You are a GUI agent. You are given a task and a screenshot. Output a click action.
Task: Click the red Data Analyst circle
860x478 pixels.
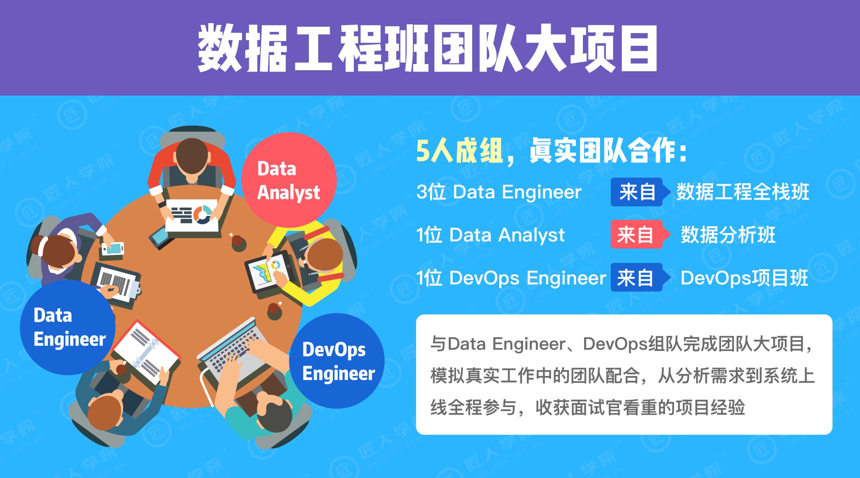(x=289, y=180)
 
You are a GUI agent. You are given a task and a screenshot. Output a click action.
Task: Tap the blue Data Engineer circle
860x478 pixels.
(x=68, y=327)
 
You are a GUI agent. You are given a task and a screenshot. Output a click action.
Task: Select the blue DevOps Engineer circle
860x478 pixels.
(x=337, y=361)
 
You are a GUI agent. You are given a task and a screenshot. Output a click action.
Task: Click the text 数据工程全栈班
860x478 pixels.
(x=743, y=192)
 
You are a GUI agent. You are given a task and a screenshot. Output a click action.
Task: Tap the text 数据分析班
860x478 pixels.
(x=728, y=235)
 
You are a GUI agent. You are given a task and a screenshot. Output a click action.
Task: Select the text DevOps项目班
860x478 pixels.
(x=744, y=278)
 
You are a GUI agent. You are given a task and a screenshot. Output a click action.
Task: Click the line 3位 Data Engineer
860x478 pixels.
(x=499, y=192)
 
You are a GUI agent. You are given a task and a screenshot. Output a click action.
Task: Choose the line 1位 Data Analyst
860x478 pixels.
(x=490, y=235)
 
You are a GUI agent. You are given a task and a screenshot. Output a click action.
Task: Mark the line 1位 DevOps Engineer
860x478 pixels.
(x=511, y=278)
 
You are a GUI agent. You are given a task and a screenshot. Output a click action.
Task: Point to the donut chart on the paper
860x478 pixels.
(x=203, y=215)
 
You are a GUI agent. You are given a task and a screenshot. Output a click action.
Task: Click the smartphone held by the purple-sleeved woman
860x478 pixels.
(x=113, y=249)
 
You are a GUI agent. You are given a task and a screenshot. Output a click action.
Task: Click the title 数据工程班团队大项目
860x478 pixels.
(x=428, y=48)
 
